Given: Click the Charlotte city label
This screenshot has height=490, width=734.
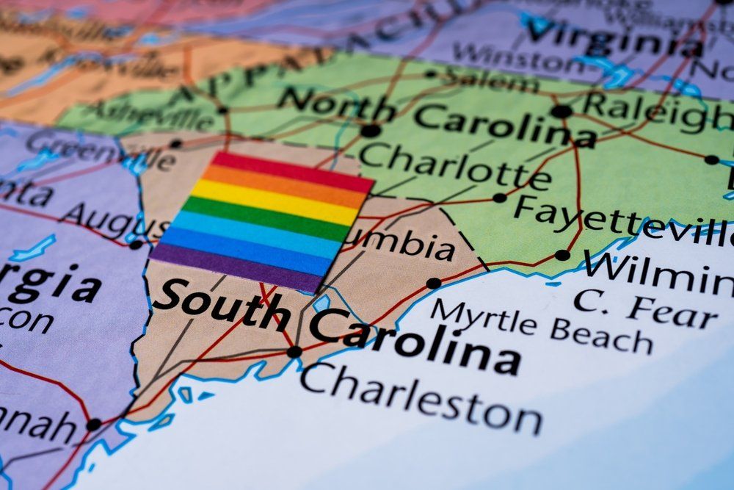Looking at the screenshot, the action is [454, 167].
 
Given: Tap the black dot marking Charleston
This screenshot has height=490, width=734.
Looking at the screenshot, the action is [294, 352].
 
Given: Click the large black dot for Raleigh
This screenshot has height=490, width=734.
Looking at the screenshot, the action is [561, 112].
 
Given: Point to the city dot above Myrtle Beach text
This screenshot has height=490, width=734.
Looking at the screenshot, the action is [434, 283].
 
